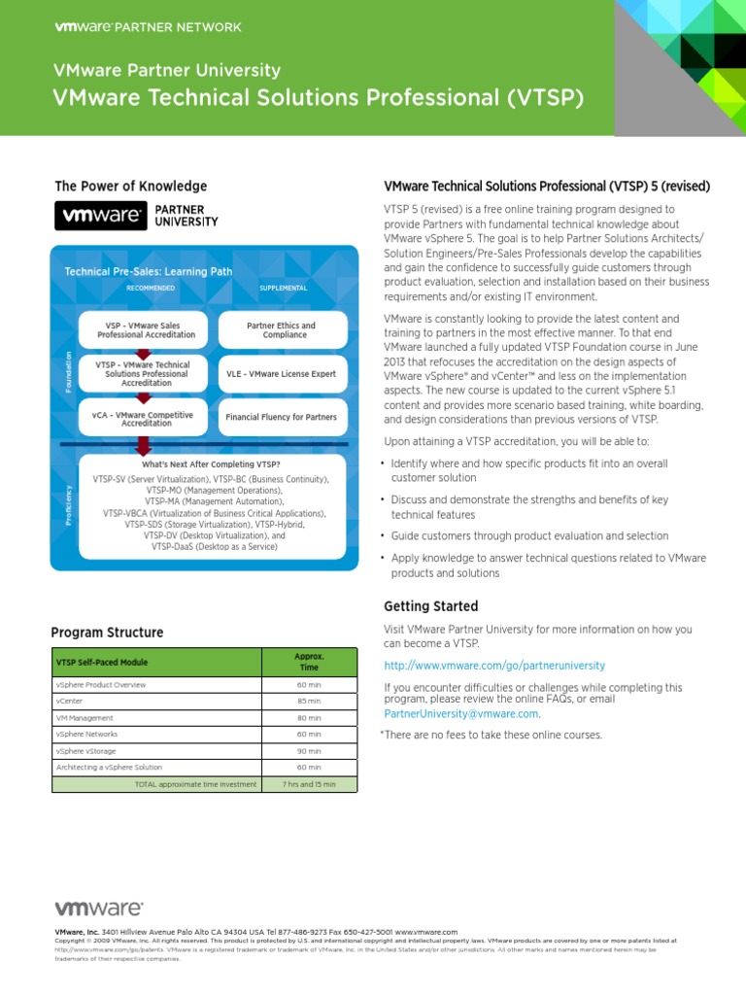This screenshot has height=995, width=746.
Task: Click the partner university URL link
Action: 494,666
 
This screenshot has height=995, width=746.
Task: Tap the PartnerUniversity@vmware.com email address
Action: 461,713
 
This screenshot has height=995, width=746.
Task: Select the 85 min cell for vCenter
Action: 309,701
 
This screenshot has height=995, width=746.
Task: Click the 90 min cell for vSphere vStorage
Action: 309,751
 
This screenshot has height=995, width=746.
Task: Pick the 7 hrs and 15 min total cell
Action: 309,784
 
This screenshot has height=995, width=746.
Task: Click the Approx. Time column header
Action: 309,662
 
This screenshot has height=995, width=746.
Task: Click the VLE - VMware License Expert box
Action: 281,373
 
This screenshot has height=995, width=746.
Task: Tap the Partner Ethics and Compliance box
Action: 281,330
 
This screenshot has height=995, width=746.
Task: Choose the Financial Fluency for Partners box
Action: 281,417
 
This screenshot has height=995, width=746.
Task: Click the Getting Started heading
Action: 431,606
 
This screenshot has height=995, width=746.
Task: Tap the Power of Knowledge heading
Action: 130,187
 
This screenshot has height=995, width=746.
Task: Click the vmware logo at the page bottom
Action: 98,909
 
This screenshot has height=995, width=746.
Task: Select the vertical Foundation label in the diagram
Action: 69,372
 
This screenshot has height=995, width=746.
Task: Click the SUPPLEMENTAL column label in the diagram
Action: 283,289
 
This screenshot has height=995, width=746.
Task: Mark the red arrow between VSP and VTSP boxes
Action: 144,354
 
